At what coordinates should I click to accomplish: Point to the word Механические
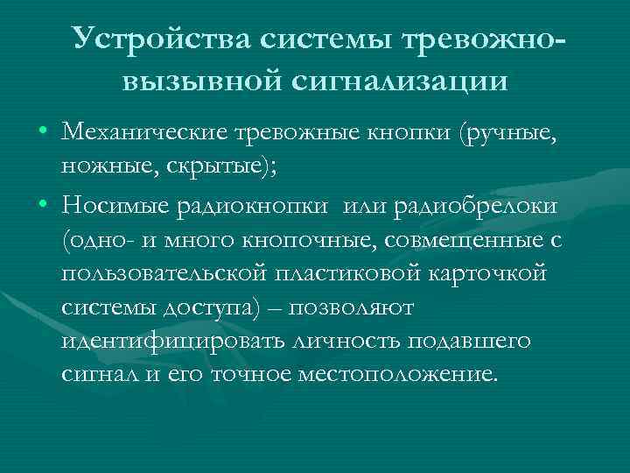145,134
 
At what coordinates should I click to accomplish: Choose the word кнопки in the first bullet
410,134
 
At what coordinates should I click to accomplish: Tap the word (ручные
507,134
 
